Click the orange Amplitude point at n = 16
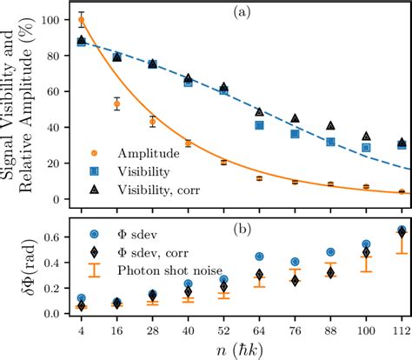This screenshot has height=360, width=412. [x=117, y=104]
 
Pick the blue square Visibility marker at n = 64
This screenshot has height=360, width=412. [x=259, y=125]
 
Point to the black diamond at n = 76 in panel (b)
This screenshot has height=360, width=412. [x=295, y=281]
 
